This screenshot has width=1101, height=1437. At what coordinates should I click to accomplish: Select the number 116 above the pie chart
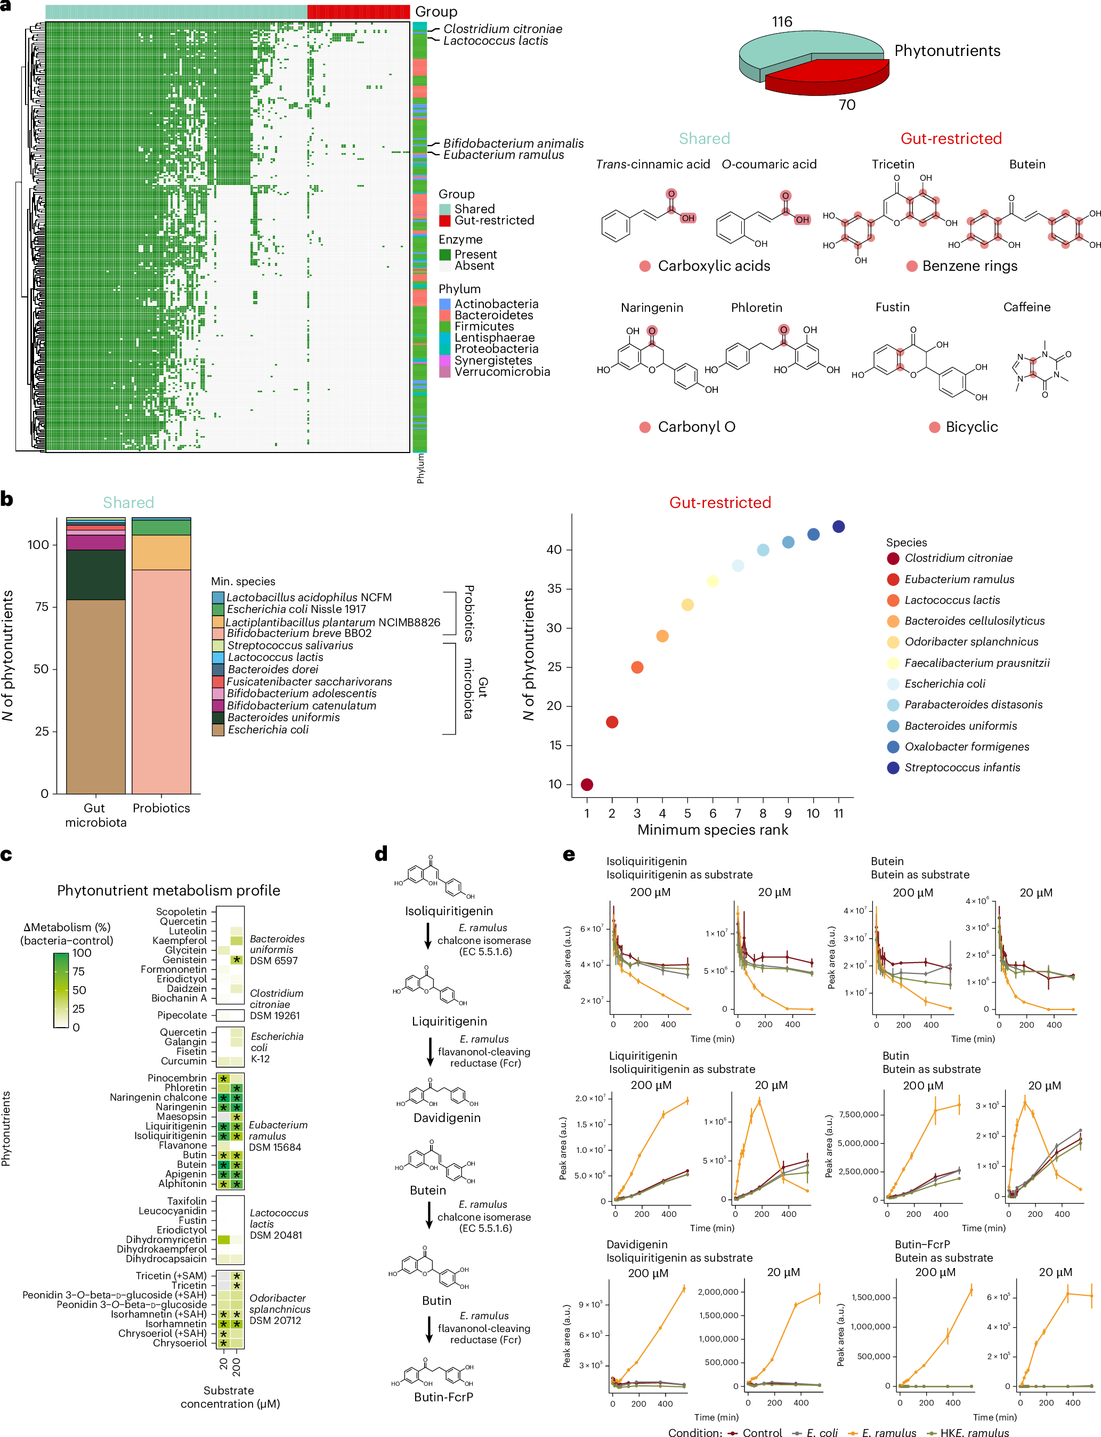tap(781, 22)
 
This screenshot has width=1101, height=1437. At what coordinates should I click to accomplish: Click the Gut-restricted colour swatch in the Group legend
tap(445, 221)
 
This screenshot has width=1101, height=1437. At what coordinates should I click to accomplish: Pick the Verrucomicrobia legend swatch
tap(445, 372)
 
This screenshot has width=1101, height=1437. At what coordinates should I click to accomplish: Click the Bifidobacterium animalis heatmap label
tap(513, 143)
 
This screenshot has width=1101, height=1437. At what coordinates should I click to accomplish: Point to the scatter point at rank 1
tap(587, 785)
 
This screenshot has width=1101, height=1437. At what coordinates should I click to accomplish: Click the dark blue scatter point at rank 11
tap(838, 527)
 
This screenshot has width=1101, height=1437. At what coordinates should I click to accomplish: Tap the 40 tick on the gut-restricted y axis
tap(554, 550)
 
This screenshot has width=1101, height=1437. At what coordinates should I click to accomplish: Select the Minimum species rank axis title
tap(713, 830)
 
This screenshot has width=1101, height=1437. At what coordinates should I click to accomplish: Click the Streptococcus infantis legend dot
tap(893, 768)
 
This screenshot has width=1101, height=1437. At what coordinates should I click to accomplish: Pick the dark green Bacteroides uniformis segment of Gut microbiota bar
tap(96, 575)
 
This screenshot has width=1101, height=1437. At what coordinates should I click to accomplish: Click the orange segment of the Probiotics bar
tap(161, 552)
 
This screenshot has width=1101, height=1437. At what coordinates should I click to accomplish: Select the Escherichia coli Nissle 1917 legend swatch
tap(218, 609)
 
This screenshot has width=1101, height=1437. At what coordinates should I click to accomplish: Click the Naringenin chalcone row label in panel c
tap(158, 1097)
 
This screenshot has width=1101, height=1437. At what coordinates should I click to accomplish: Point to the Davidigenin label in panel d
tap(447, 1118)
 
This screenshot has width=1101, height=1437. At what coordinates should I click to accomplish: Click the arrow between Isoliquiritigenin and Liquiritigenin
tap(428, 936)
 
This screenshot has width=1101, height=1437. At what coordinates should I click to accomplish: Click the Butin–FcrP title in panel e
tap(922, 1244)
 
